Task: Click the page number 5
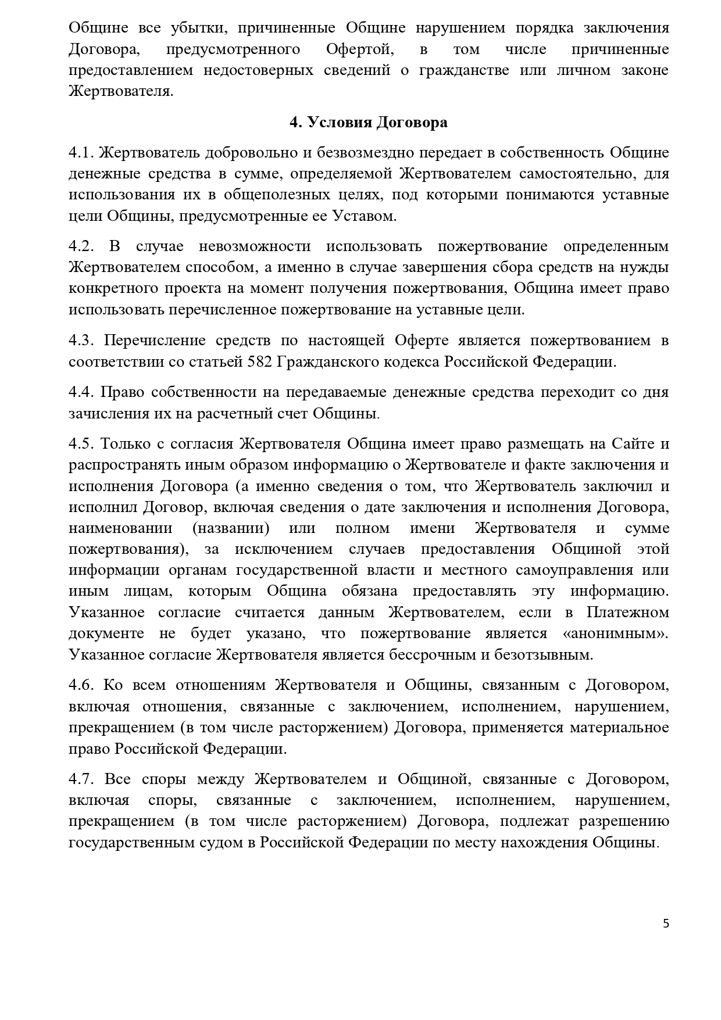666,924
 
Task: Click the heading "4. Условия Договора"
369,123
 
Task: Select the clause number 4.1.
81,153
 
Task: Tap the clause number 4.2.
81,246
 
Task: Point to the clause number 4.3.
81,340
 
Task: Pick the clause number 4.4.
81,392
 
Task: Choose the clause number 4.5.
81,445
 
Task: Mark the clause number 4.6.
81,685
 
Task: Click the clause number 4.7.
81,779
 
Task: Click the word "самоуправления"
579,570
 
